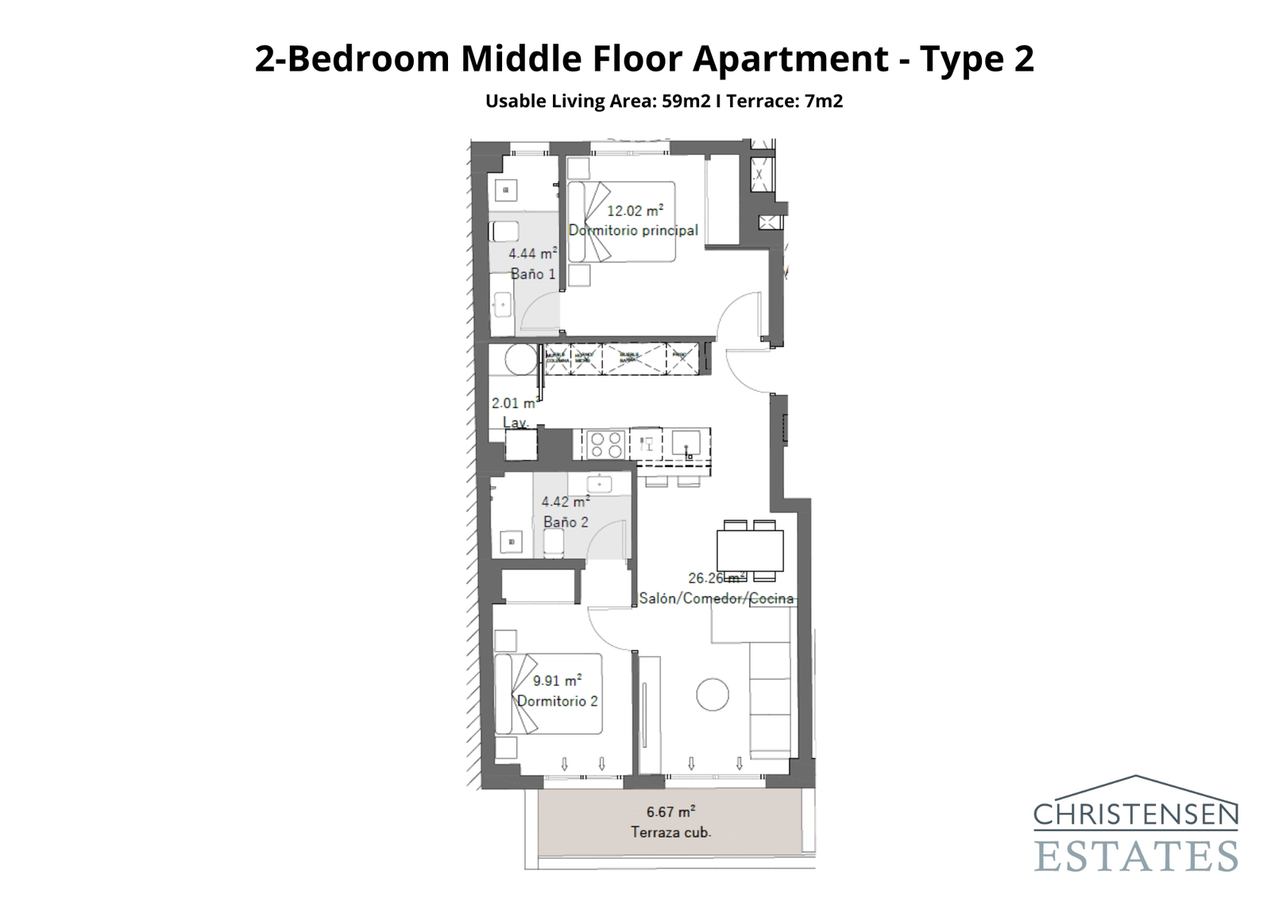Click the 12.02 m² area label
tap(635, 211)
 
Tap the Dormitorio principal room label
tap(633, 230)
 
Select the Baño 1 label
tap(533, 274)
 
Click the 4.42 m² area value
tap(565, 502)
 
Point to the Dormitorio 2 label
tap(557, 701)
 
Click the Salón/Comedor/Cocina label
tap(716, 599)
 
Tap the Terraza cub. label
tap(670, 833)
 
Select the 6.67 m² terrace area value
tap(670, 812)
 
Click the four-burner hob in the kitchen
tap(605, 445)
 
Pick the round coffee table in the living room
tap(713, 695)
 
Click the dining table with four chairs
tap(750, 550)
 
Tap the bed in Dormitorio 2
tap(548, 694)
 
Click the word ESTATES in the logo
tap(1135, 856)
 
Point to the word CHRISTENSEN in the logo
tap(1135, 815)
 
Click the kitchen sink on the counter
tap(684, 442)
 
